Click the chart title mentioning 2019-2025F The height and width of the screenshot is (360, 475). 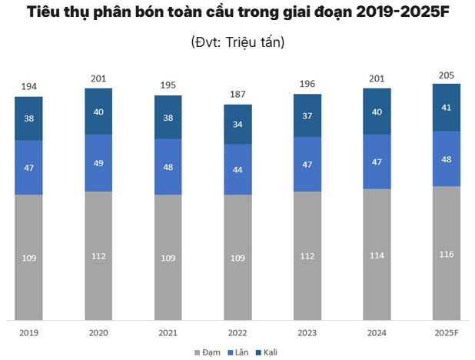tap(237, 13)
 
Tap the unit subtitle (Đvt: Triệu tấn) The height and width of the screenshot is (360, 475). tap(237, 42)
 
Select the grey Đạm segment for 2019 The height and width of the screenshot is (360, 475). tap(28, 257)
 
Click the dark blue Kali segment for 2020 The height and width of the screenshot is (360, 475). tap(98, 112)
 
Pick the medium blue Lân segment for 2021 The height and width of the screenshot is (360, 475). tap(168, 167)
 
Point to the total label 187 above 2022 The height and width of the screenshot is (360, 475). tap(237, 94)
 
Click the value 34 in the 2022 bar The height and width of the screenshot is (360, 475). tap(237, 125)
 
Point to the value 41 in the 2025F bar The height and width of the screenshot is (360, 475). tap(447, 108)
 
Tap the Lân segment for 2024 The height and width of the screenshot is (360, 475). tap(377, 162)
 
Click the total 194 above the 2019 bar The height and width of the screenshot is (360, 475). tap(28, 86)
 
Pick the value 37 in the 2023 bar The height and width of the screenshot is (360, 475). tap(307, 116)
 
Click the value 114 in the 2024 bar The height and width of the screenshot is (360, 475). tap(377, 254)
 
